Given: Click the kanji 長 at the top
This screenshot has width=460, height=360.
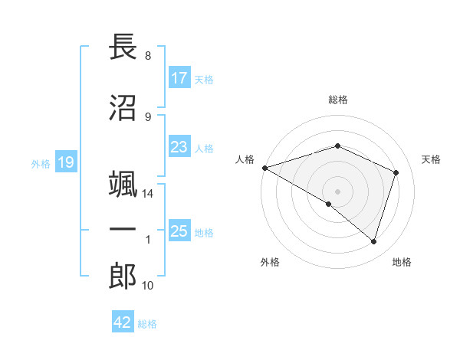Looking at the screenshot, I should (x=123, y=47).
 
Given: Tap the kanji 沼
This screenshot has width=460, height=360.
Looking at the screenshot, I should (x=123, y=108).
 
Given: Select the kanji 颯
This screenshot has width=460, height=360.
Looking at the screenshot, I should (x=123, y=185).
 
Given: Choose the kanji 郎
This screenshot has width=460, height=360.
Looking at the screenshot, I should (x=123, y=277).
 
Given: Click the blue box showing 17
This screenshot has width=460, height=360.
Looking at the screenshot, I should (x=179, y=78).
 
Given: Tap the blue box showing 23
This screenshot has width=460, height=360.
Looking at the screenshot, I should (x=179, y=147).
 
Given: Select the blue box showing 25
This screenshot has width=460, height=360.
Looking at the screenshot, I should (x=179, y=231).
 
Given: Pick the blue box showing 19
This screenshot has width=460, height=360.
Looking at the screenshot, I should (x=65, y=162).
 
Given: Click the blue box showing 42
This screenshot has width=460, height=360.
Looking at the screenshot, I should (x=123, y=322).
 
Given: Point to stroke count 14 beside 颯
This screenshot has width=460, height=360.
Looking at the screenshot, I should (x=148, y=195).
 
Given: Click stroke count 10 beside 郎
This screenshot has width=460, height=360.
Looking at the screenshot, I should (x=148, y=286).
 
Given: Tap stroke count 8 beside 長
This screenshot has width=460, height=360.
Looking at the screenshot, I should (x=147, y=56).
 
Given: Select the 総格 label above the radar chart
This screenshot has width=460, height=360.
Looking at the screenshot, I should (x=337, y=100).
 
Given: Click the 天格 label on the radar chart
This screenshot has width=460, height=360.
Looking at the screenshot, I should (x=432, y=159).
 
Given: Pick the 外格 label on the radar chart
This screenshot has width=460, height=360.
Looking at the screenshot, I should (x=270, y=262).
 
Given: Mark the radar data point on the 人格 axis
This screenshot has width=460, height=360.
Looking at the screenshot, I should (x=264, y=167).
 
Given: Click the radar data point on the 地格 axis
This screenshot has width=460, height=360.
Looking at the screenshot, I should (x=373, y=242).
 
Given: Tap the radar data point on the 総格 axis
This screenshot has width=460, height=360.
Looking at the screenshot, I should (x=337, y=146).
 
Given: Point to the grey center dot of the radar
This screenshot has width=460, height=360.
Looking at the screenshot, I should (x=337, y=191).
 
